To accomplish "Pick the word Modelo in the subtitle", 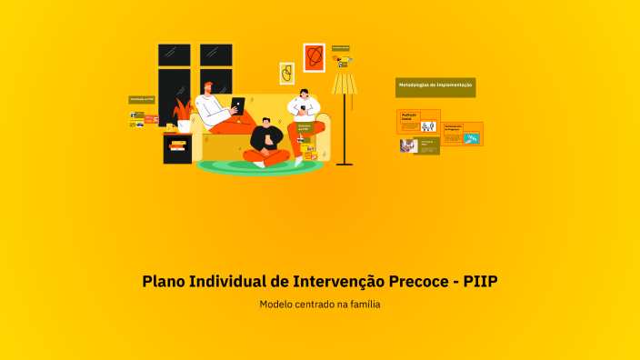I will coord(277,305).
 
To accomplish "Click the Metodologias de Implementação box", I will coord(435,85).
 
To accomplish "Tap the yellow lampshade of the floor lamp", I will coord(344,85).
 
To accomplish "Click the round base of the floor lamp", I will coord(344,164).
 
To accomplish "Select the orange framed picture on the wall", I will coord(314,57).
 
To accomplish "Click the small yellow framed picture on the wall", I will coord(286,73).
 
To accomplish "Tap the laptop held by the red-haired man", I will coord(237,104).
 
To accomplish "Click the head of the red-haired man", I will coord(210,87).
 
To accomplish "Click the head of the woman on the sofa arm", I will coord(304,94).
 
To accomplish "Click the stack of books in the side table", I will coord(177,145).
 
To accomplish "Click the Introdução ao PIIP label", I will coord(141,98).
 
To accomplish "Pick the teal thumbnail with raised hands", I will coord(471,138).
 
